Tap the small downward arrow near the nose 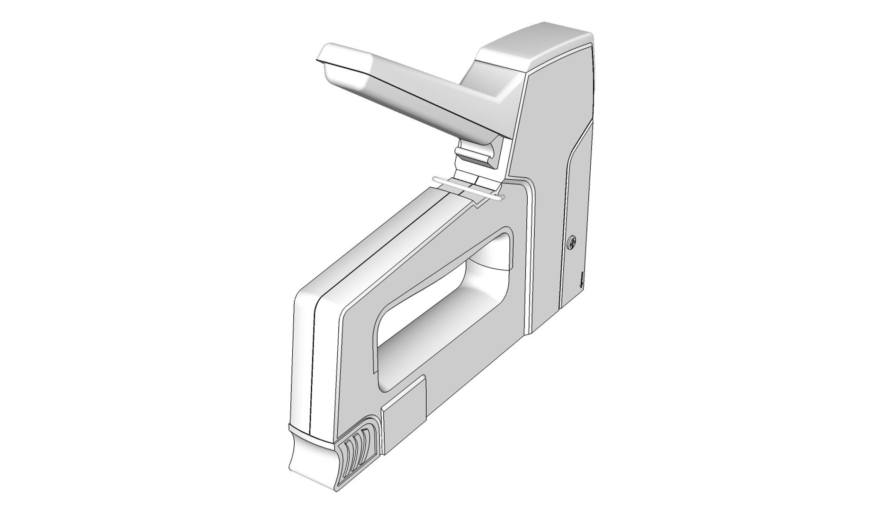[581, 281]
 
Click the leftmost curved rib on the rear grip [348, 457]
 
